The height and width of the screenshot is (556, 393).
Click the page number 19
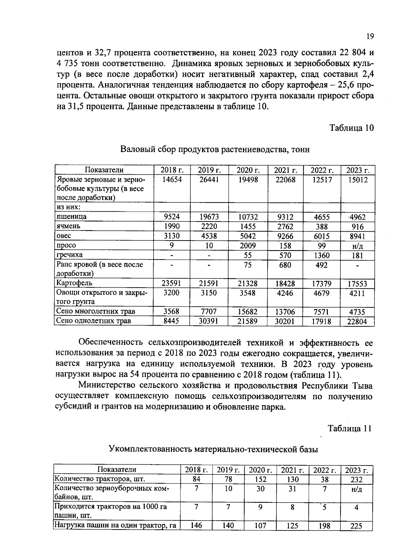(x=370, y=36)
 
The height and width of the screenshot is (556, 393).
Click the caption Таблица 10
(x=351, y=128)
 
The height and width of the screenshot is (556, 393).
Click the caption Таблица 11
(x=350, y=429)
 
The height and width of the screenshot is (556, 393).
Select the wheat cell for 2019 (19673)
(x=209, y=217)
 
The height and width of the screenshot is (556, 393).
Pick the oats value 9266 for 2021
(x=285, y=236)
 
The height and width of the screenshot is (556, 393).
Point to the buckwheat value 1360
(x=321, y=255)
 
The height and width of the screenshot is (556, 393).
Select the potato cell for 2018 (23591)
(x=172, y=283)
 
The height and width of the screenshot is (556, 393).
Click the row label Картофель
(x=74, y=283)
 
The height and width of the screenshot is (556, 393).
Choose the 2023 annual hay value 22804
(x=357, y=322)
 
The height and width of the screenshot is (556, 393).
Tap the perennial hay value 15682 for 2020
(x=247, y=312)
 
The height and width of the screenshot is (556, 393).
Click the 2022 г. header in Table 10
(x=322, y=170)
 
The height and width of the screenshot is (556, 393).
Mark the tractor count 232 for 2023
(x=356, y=480)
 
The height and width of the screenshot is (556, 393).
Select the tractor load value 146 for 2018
(x=196, y=526)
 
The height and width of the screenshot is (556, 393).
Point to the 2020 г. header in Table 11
(x=260, y=470)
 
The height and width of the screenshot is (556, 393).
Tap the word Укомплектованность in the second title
(x=150, y=449)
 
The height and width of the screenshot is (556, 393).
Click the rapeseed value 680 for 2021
(x=285, y=265)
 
